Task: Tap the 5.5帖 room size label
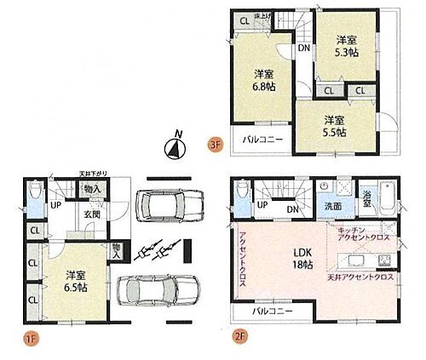(x=333, y=126)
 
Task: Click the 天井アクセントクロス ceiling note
(x=360, y=277)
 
